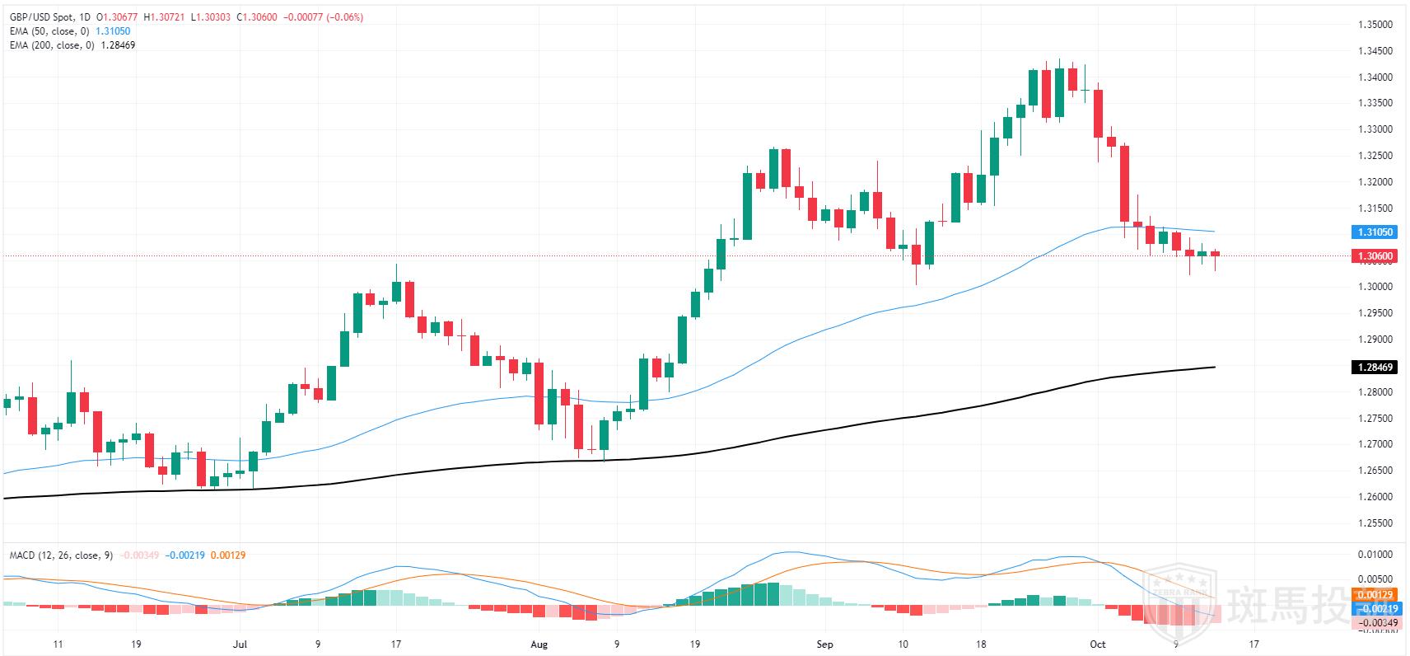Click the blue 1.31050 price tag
click(x=1375, y=232)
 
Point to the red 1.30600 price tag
click(x=1375, y=256)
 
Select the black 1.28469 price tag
click(x=1375, y=368)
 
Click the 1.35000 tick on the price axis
click(x=1375, y=25)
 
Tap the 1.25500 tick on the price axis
click(x=1375, y=523)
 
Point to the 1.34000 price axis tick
click(x=1375, y=77)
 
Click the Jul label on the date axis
click(x=240, y=644)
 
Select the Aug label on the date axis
click(x=539, y=644)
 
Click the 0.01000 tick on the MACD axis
click(x=1375, y=555)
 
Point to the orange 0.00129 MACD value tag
click(x=1375, y=595)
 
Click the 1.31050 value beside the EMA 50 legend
click(x=113, y=31)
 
